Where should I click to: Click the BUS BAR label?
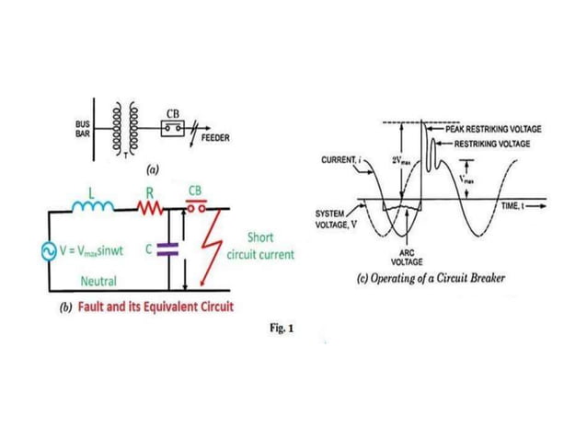[80, 127]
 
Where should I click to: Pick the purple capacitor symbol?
[166, 247]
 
